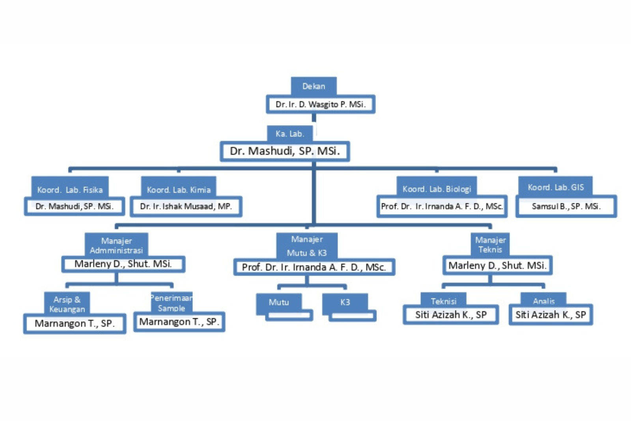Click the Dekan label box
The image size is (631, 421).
coord(314,86)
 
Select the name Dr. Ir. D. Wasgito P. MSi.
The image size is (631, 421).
coord(320,104)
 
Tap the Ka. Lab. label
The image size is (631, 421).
coord(290,134)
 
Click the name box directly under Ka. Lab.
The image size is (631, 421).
coord(284,151)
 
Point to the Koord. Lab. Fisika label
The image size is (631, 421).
coord(70,189)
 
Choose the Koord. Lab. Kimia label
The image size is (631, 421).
coord(179,189)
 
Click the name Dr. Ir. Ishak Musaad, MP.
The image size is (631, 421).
coord(186,206)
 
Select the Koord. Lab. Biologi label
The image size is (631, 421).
coord(437,189)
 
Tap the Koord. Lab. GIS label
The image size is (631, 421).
coord(556,187)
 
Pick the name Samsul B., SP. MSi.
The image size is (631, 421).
coord(566,206)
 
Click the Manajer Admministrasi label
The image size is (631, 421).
coord(116,245)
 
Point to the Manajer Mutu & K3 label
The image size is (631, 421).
coord(307,245)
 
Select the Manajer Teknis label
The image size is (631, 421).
coord(490,245)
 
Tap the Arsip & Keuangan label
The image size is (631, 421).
coord(67,304)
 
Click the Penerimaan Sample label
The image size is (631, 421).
coord(172,303)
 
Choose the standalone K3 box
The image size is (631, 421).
coord(345,302)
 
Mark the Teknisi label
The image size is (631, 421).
coord(443,301)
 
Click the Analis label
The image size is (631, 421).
coord(543,301)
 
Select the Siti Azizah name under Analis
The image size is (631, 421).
coord(551,314)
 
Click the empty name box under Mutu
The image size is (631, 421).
coord(289,315)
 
